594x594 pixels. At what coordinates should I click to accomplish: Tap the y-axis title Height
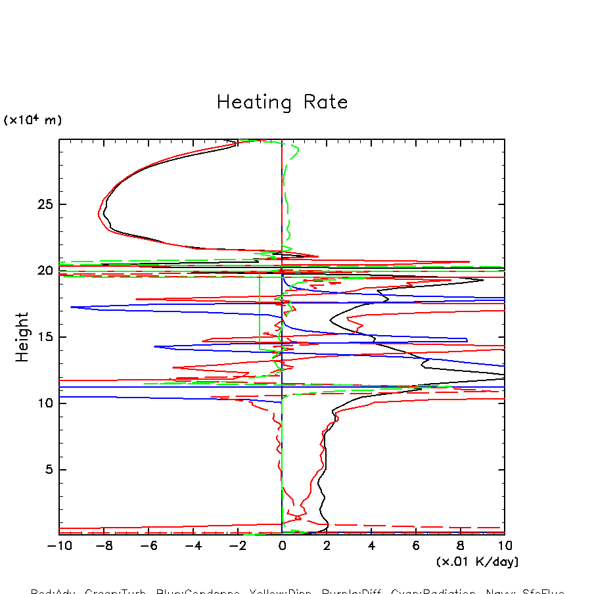point(23,337)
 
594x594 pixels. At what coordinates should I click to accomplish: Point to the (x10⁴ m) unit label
point(33,120)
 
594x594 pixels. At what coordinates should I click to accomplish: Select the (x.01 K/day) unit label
point(478,562)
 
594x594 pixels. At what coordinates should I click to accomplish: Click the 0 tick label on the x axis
point(282,545)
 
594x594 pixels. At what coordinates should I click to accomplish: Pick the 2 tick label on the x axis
point(327,545)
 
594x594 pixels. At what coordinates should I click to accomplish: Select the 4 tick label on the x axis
point(371,545)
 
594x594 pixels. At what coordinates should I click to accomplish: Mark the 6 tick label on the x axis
point(416,545)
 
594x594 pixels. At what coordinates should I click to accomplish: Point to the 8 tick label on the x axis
point(460,545)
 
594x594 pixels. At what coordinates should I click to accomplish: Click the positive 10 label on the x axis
point(505,545)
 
